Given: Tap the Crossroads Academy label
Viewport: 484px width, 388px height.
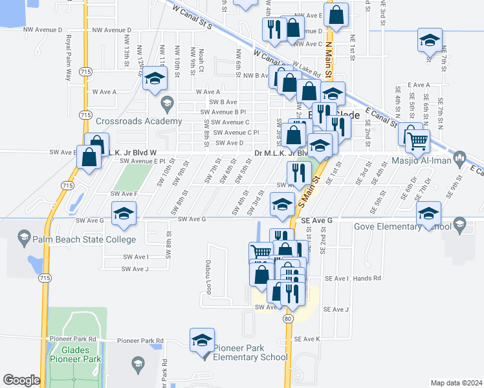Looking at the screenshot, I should coord(138,121).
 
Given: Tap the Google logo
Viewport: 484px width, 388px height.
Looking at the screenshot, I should coord(21,380).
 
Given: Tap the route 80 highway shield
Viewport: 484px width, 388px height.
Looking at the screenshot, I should coord(287,318).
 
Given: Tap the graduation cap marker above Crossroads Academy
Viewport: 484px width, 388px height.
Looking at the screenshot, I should coord(155,81).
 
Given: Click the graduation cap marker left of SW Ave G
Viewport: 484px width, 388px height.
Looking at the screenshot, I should coord(124,213).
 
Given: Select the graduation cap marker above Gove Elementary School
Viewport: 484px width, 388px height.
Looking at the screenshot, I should coord(428,213).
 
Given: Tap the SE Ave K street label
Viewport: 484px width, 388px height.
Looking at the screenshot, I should coord(307,339).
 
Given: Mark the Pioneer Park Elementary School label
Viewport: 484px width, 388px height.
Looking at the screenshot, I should coord(250,352).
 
